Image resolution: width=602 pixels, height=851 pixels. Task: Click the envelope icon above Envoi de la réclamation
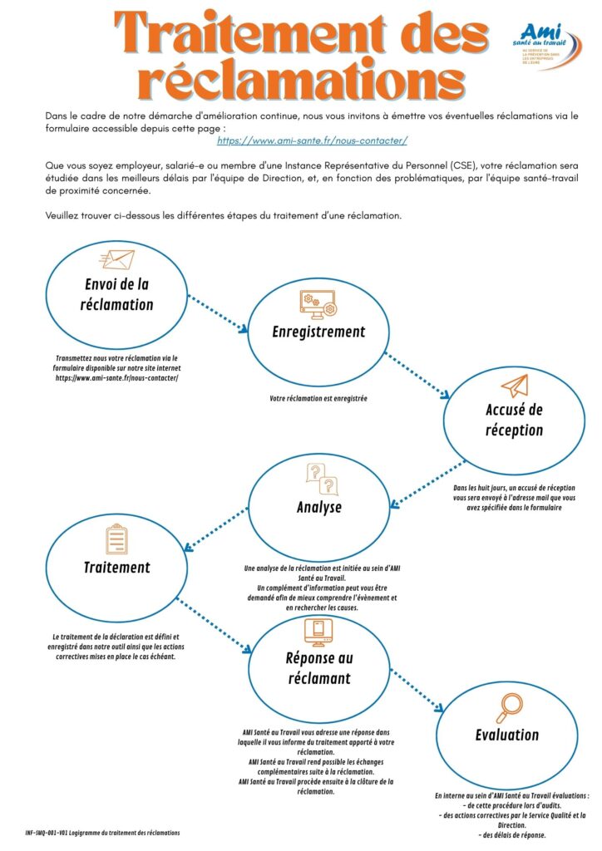[x=116, y=260]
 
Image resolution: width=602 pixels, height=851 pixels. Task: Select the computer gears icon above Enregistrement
[x=318, y=303]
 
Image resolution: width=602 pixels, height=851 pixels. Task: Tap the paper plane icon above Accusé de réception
[x=515, y=386]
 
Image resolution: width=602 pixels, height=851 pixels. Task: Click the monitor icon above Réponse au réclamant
[x=318, y=632]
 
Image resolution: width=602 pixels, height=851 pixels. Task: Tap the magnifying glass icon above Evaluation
[x=507, y=707]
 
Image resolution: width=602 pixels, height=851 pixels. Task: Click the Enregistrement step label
[x=318, y=332]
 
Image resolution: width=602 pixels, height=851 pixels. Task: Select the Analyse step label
[x=318, y=507]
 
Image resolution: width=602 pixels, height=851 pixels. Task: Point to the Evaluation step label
[x=507, y=735]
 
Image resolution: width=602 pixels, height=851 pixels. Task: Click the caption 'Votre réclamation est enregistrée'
[x=318, y=399]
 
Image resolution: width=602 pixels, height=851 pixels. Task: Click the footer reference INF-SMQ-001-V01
[x=47, y=832]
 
